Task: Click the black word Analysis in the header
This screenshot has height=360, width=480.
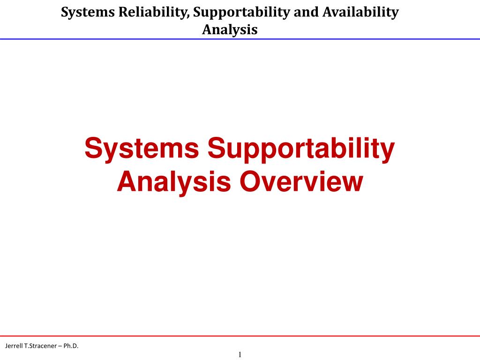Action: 230,30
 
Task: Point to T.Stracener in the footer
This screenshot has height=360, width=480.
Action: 41,346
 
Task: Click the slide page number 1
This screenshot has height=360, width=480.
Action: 240,354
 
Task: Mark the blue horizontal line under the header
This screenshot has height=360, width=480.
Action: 240,39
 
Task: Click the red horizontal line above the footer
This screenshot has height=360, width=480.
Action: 240,336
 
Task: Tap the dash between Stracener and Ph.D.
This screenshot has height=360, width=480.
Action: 61,346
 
